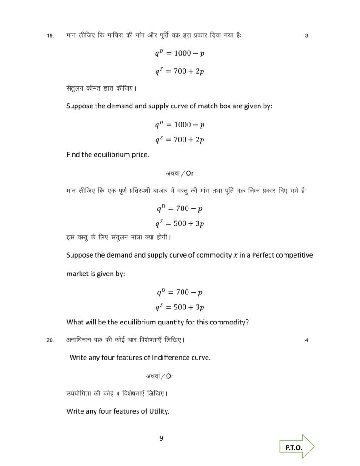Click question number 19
pos(50,35)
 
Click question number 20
pos(50,339)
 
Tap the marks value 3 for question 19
pos(307,35)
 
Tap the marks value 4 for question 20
pos(307,339)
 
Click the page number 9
pos(161,438)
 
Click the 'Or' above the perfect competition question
pos(190,173)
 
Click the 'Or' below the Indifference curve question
pos(169,376)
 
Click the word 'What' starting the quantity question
pos(76,322)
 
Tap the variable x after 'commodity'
pos(235,255)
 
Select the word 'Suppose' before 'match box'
pos(81,106)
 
